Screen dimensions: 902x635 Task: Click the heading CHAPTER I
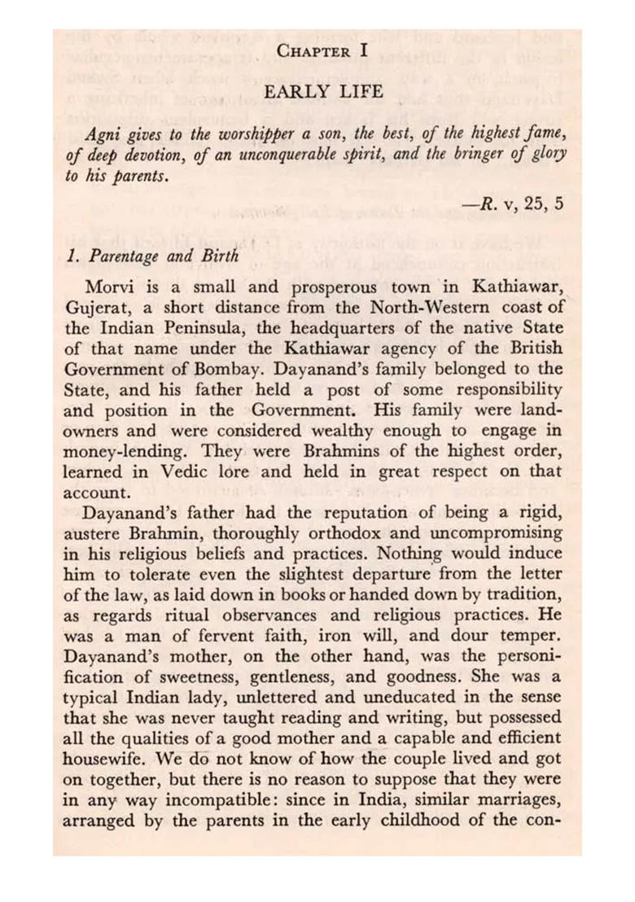pos(323,50)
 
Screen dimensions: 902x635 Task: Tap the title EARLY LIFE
pos(323,92)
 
